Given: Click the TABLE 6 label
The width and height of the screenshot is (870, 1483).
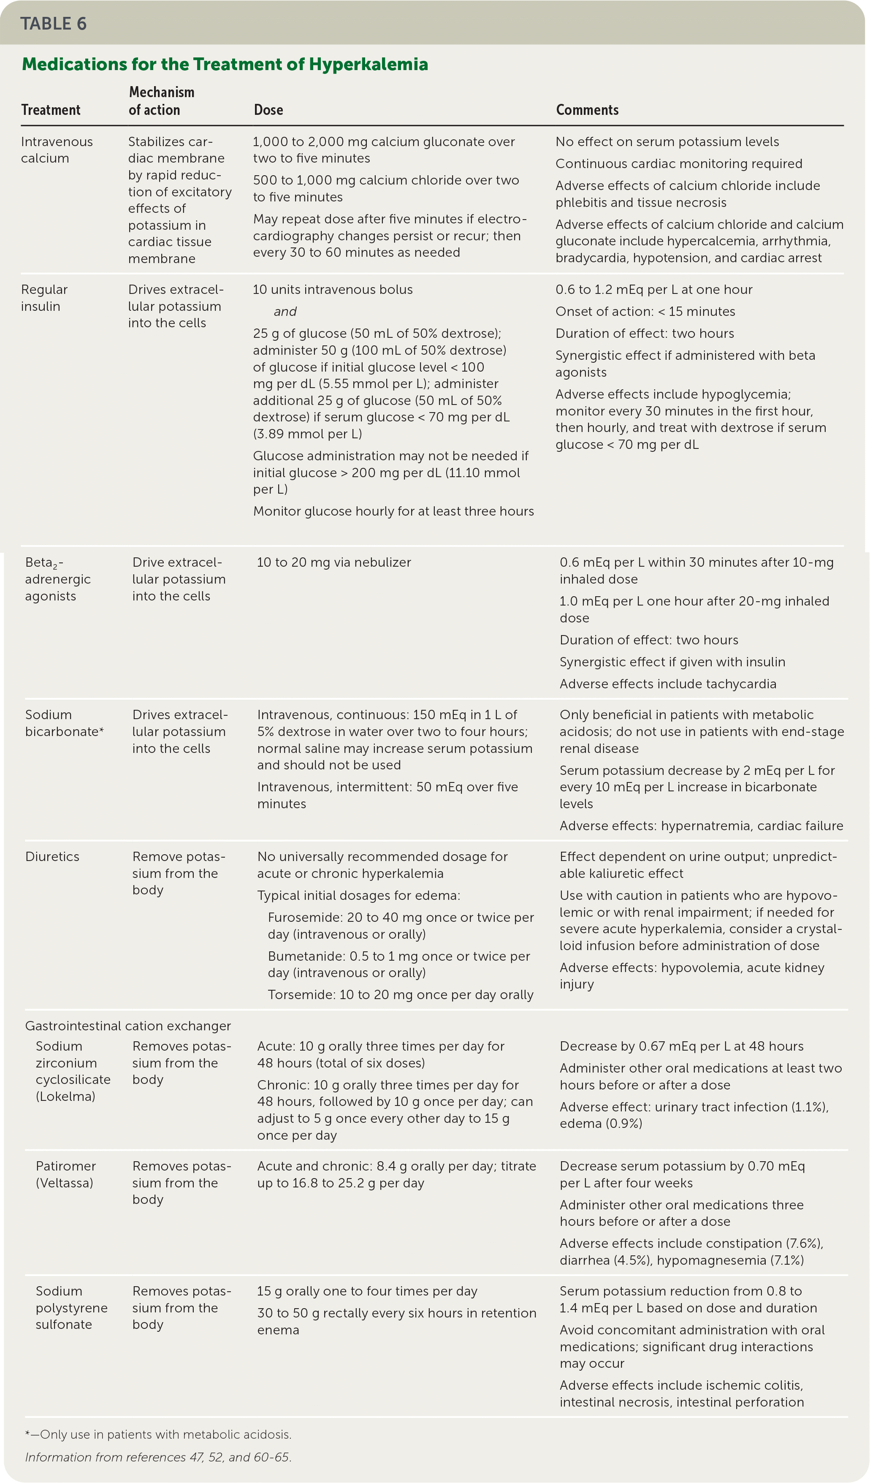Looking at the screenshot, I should [x=54, y=24].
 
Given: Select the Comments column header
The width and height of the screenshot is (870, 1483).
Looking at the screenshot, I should [x=587, y=110].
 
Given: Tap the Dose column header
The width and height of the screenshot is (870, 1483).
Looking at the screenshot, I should [x=268, y=110].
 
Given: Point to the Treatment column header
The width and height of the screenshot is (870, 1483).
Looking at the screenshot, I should [x=51, y=110].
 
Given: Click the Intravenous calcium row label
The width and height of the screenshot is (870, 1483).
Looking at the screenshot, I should [x=57, y=150].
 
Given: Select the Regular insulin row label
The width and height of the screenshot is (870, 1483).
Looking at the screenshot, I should [x=44, y=298].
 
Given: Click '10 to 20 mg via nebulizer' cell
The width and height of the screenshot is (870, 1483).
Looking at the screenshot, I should [x=333, y=562].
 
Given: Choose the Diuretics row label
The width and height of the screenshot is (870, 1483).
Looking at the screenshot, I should [x=52, y=857].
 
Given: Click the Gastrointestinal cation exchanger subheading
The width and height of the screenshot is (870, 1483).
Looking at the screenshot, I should [x=127, y=1026].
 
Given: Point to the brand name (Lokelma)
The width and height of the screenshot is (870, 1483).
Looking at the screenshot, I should [x=65, y=1096].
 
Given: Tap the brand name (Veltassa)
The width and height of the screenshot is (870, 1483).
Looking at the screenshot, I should [x=64, y=1183].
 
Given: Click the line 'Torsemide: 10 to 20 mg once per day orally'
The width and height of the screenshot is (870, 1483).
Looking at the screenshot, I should [x=401, y=994].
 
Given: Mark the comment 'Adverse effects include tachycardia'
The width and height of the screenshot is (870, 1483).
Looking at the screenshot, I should [x=668, y=684].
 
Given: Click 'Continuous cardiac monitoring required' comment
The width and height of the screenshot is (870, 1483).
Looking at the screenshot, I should [x=679, y=163].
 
